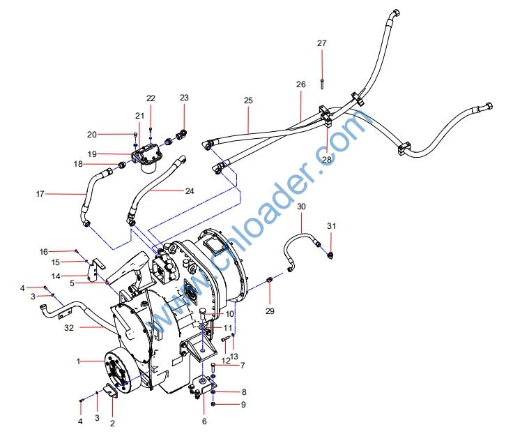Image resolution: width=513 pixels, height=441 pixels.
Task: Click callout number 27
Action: click(321, 43)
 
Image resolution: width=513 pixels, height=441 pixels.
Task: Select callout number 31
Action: click(332, 225)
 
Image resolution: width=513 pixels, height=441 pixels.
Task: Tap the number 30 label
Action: click(301, 207)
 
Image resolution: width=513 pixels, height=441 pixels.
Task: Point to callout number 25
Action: click(247, 100)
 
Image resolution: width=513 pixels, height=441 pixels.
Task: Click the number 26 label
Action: click(300, 84)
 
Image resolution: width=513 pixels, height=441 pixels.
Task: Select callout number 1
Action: click(79, 361)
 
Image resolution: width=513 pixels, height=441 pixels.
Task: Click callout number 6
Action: click(204, 421)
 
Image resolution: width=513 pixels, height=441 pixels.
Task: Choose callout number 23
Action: click(184, 98)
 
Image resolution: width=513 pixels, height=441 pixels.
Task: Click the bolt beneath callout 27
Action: click(321, 84)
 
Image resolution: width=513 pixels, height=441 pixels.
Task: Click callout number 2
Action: click(113, 422)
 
